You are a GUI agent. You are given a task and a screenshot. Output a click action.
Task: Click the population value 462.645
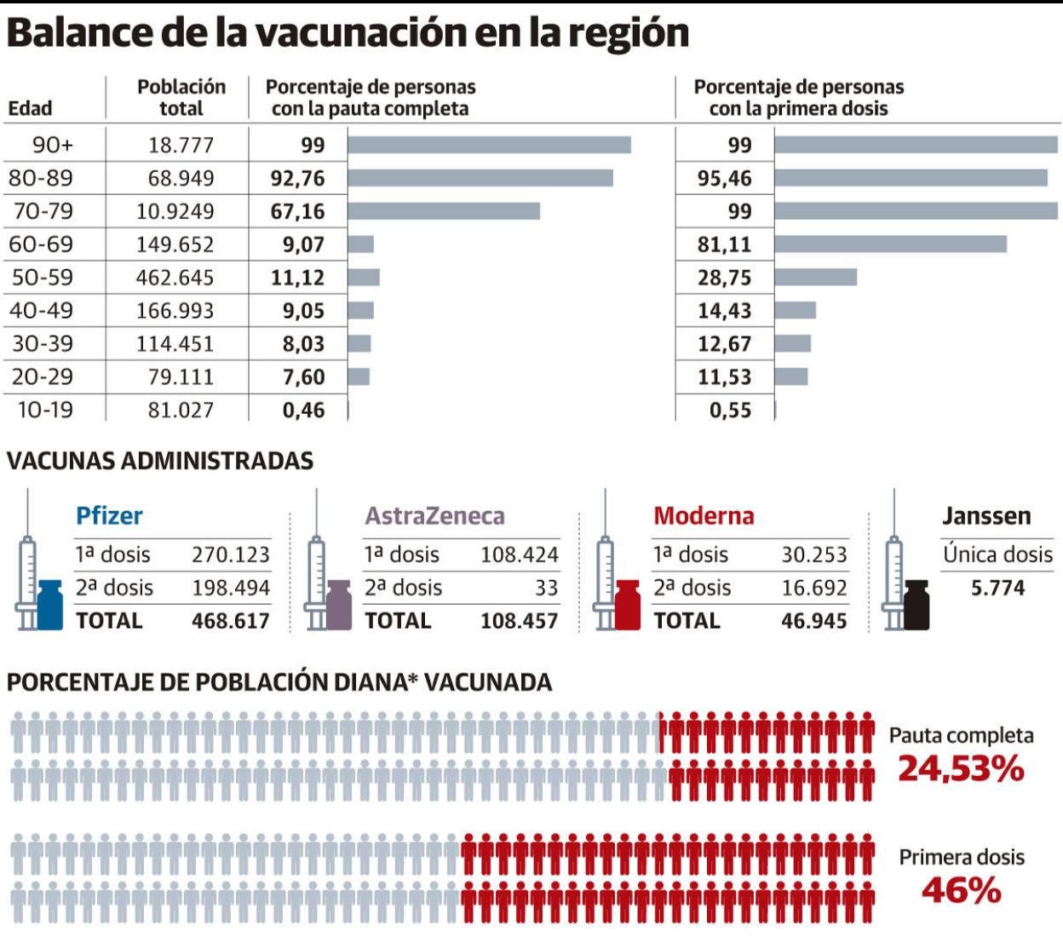(175, 278)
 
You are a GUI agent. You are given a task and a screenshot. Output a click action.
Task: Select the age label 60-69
(41, 244)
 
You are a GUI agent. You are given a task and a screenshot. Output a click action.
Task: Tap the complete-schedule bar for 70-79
(444, 211)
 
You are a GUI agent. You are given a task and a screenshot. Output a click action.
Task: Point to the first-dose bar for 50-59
(815, 278)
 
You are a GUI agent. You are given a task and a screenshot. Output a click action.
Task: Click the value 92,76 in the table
(297, 178)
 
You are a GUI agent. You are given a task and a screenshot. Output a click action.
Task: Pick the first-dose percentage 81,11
(724, 244)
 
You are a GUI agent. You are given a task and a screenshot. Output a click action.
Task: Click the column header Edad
(30, 108)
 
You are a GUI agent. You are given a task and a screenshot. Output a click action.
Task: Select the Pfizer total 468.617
(230, 620)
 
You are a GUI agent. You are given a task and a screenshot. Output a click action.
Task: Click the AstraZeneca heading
(434, 515)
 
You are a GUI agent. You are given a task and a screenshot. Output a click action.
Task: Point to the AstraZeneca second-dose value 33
(546, 588)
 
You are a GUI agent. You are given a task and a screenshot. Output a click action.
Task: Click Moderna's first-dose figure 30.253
(814, 555)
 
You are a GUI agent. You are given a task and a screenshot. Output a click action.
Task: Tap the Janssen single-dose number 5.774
(997, 588)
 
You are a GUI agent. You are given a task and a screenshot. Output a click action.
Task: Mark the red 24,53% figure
(961, 769)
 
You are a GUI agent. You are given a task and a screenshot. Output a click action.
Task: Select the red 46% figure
(961, 891)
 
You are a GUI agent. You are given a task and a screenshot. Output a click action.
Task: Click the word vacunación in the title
(359, 32)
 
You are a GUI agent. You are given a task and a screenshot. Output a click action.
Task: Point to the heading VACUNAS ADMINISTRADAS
(160, 461)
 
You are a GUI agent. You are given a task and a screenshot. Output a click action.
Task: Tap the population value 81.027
(181, 410)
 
